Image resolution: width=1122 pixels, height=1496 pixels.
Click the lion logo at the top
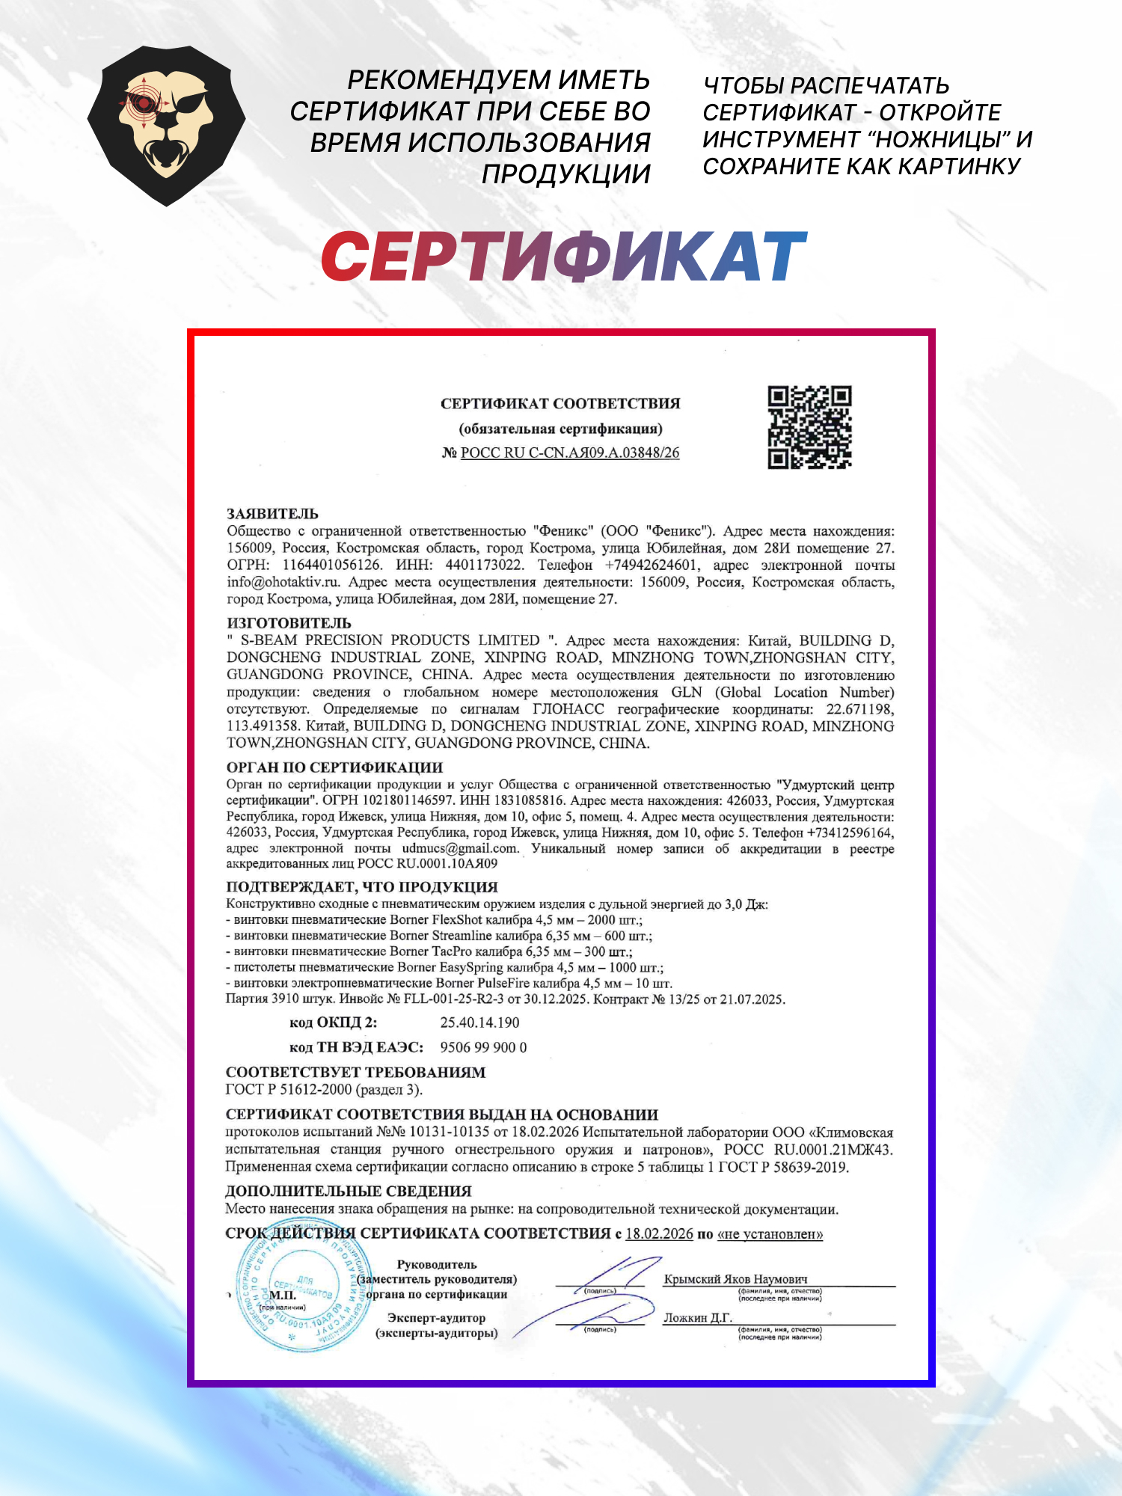click(166, 126)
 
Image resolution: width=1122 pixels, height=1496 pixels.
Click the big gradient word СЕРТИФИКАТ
click(563, 257)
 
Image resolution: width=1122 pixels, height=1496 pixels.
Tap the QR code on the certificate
click(809, 427)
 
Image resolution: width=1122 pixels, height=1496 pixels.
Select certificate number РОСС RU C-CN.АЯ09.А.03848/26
click(570, 453)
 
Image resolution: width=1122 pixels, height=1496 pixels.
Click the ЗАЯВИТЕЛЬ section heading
click(272, 514)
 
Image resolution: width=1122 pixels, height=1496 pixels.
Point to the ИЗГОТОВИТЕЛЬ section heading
click(289, 623)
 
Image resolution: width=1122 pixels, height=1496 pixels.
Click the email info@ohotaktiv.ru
click(283, 582)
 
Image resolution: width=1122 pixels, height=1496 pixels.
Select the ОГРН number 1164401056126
click(331, 565)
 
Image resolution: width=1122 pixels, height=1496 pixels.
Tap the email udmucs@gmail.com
click(460, 848)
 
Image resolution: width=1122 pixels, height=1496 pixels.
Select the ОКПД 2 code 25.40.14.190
click(479, 1023)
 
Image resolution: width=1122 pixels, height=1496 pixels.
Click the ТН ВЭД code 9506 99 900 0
click(483, 1047)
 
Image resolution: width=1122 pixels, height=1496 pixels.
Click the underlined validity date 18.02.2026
click(659, 1233)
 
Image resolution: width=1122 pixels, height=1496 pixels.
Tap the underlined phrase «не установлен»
click(770, 1233)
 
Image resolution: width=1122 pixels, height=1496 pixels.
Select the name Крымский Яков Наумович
click(735, 1279)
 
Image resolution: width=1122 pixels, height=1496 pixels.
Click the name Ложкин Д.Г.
click(697, 1318)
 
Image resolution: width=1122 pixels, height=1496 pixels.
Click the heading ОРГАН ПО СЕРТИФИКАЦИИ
click(334, 767)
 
